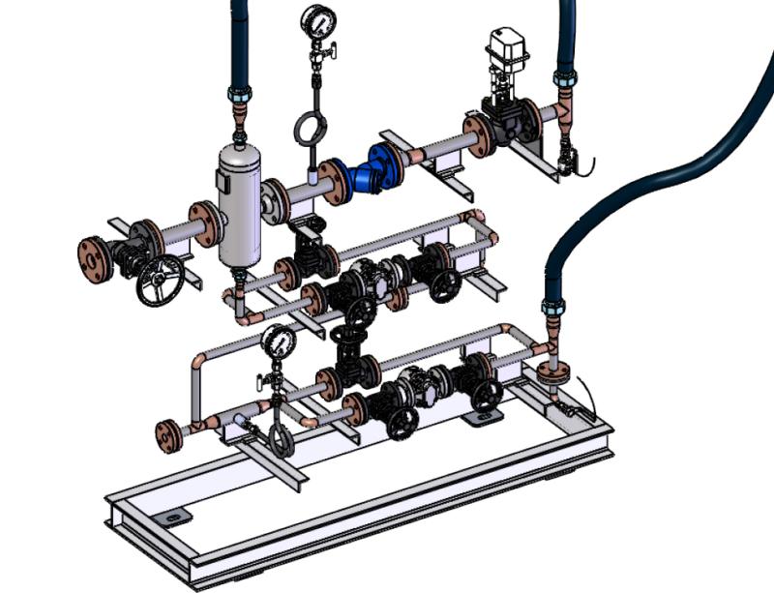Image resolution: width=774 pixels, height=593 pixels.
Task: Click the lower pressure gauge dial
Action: [279, 341]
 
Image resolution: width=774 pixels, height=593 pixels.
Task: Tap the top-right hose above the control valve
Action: [563, 34]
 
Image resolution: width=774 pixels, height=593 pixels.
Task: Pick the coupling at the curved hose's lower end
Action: [552, 310]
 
